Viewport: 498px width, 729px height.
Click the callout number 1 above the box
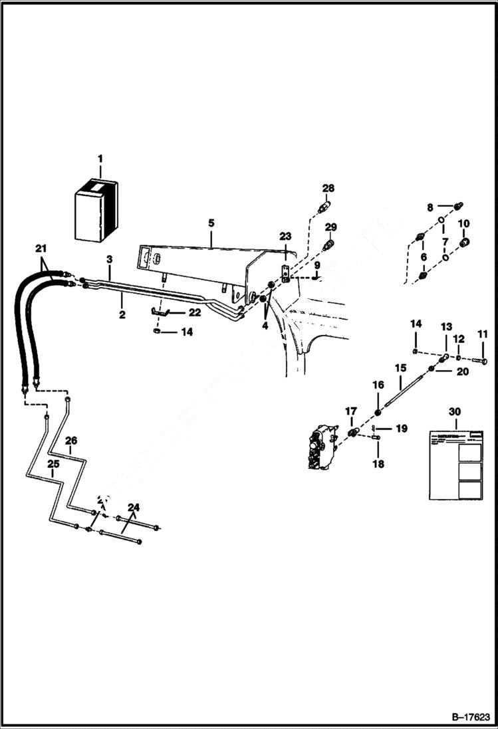click(100, 159)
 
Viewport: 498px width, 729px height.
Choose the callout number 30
click(454, 412)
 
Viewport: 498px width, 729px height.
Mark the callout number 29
click(330, 227)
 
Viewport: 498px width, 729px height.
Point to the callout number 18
click(378, 464)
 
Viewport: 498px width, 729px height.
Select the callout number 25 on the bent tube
click(53, 464)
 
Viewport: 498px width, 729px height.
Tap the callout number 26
click(71, 440)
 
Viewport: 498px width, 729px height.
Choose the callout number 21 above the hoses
click(41, 249)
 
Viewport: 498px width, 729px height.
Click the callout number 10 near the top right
click(464, 223)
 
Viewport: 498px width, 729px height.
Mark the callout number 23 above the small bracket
click(285, 236)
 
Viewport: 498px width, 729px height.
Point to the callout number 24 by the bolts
click(134, 508)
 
